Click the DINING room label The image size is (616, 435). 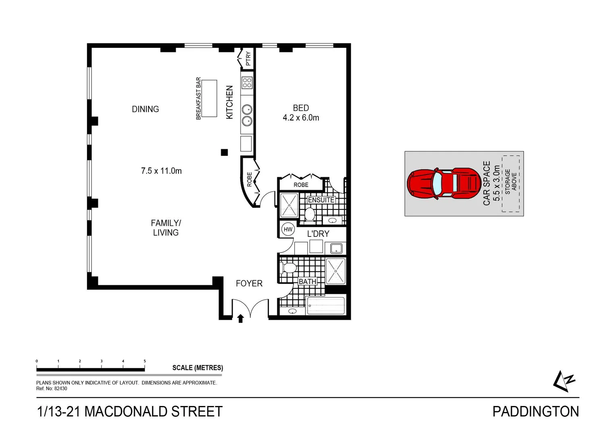[x=145, y=109]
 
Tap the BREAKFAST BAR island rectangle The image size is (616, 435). [x=209, y=99]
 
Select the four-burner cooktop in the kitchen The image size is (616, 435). [x=247, y=83]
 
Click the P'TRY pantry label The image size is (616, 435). [x=248, y=59]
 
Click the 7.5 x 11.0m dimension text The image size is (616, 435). [x=161, y=171]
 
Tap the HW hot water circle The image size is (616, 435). [x=288, y=230]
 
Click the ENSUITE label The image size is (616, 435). [x=321, y=200]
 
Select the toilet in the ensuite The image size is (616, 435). [x=310, y=214]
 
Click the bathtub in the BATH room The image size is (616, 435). [x=326, y=306]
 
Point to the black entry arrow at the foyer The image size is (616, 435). [x=241, y=319]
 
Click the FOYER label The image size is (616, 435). [x=249, y=284]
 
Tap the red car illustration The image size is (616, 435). [x=443, y=183]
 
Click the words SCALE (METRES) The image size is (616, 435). [x=198, y=368]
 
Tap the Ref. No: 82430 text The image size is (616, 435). [x=52, y=389]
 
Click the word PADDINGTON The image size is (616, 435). [x=535, y=412]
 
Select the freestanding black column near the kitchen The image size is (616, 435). [x=225, y=152]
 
